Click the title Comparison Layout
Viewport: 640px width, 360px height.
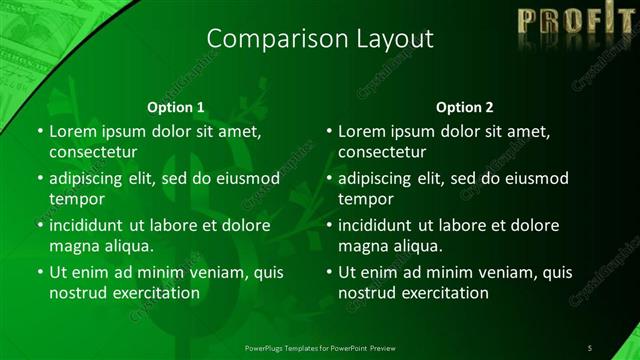pyautogui.click(x=319, y=39)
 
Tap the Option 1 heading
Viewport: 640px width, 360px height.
pyautogui.click(x=176, y=106)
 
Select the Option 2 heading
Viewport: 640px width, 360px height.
pyautogui.click(x=465, y=106)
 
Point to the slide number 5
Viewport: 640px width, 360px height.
pyautogui.click(x=590, y=347)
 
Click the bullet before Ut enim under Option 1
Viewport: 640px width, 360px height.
pyautogui.click(x=39, y=272)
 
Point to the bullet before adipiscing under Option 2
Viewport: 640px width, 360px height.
pyautogui.click(x=328, y=179)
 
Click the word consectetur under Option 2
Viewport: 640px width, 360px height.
pyautogui.click(x=382, y=152)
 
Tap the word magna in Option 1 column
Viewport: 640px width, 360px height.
pyautogui.click(x=73, y=245)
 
